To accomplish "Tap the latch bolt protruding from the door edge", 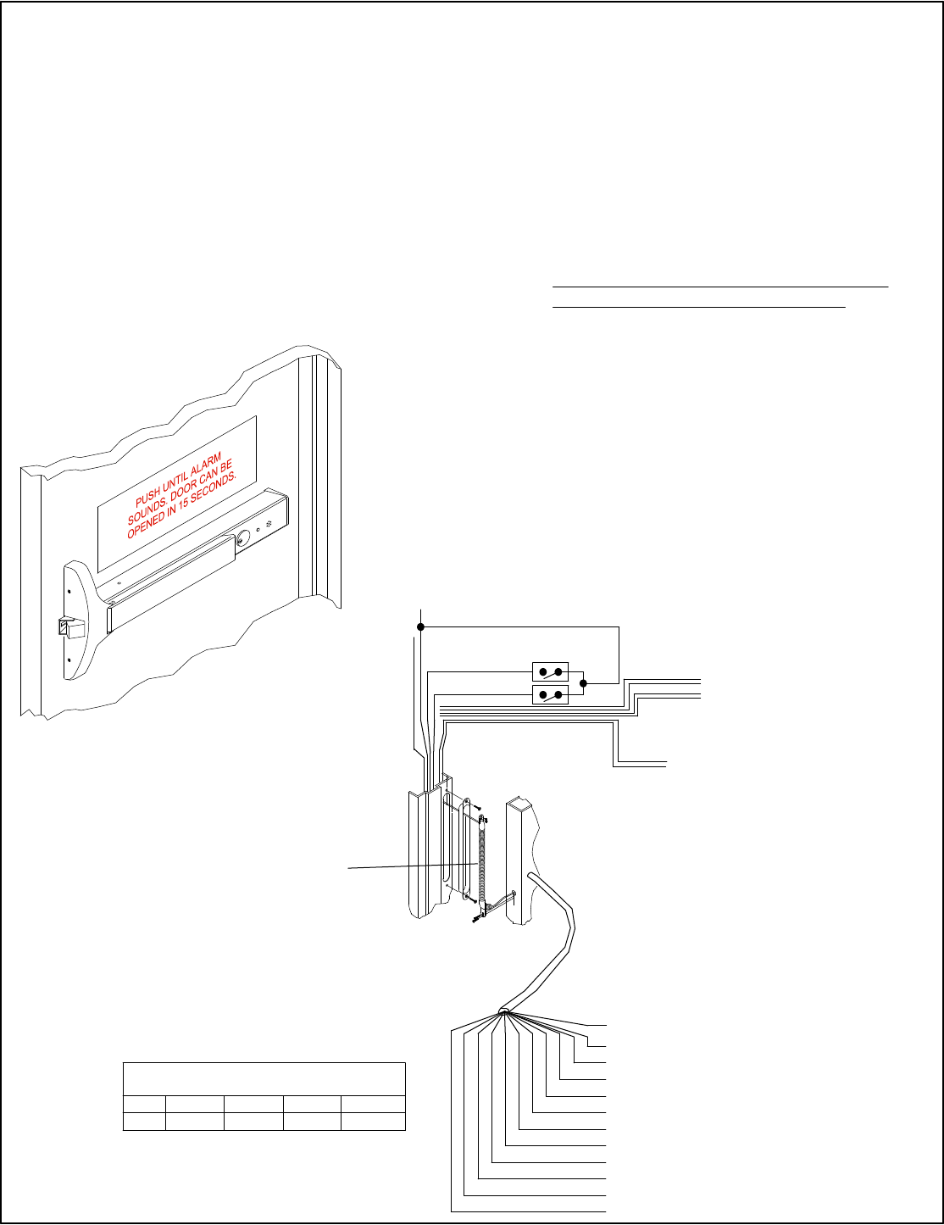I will click(x=72, y=628).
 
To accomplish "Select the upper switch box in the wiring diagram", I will click(x=549, y=673).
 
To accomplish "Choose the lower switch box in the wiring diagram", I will click(x=549, y=696).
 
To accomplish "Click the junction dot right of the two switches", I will click(x=583, y=683).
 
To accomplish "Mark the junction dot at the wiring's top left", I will click(x=421, y=627).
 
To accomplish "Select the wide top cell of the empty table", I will click(x=264, y=1078).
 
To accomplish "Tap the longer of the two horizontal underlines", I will click(x=720, y=287).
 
